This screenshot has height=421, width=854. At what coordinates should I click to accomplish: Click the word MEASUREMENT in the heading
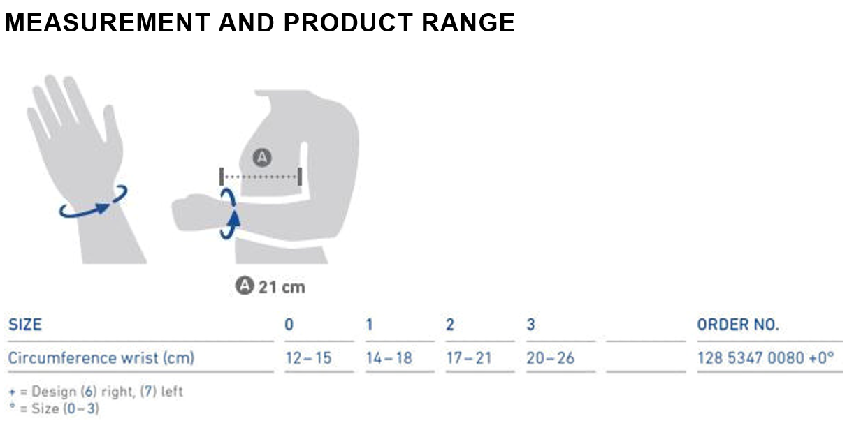[x=107, y=22]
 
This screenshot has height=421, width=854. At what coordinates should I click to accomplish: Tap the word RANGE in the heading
[x=468, y=22]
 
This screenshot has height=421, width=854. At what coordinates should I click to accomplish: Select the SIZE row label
[x=25, y=325]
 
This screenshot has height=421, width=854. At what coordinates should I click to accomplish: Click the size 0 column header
[x=289, y=325]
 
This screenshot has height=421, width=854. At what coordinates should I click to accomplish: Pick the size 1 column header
[x=369, y=325]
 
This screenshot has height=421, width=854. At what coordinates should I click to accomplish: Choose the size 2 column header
[x=450, y=325]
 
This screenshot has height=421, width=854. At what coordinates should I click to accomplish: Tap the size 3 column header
[x=530, y=325]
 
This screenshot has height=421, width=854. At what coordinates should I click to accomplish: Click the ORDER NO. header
[x=738, y=325]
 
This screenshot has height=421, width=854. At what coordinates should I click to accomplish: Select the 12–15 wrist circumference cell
[x=309, y=358]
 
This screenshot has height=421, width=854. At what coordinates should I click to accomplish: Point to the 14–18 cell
[x=389, y=358]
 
